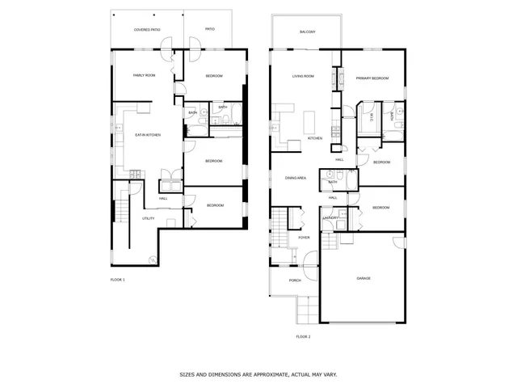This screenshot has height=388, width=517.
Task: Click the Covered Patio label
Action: tap(147, 30)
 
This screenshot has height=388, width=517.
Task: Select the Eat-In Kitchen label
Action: tap(148, 134)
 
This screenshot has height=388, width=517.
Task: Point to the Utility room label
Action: tap(148, 218)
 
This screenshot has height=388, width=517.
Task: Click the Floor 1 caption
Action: tap(118, 279)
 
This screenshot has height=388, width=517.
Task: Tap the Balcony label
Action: tap(307, 32)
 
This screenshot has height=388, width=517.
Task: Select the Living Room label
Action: tap(303, 78)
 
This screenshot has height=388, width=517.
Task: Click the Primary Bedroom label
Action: tap(372, 78)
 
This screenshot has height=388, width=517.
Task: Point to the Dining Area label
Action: tap(295, 178)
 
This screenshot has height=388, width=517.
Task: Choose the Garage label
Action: tap(364, 278)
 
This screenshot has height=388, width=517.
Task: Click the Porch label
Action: tap(295, 280)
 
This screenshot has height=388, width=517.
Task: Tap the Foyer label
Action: tap(304, 238)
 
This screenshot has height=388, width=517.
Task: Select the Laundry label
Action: tap(330, 218)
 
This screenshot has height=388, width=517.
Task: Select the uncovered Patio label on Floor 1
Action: tap(209, 30)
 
